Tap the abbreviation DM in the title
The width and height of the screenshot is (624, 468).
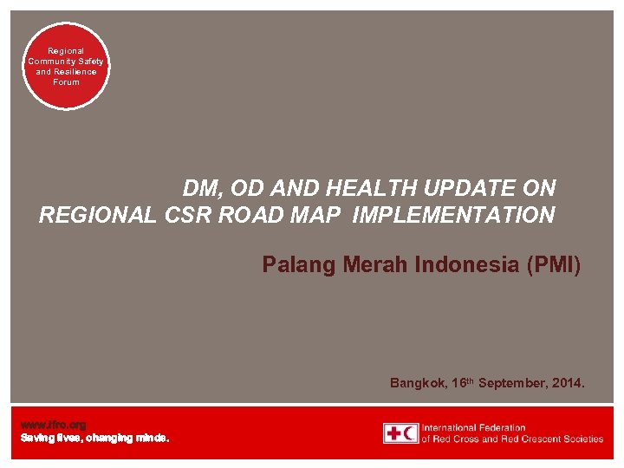pos(199,188)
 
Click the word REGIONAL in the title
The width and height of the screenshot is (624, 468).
pos(98,216)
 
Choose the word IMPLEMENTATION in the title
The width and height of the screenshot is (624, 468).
pos(453,216)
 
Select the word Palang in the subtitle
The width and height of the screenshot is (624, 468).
pos(296,264)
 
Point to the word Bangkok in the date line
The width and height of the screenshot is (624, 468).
pos(418,382)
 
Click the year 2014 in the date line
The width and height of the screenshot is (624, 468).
pos(571,382)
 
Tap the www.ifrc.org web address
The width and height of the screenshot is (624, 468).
pos(53,425)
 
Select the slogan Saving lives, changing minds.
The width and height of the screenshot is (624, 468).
pos(94,439)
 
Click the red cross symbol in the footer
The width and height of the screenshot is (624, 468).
pos(393,433)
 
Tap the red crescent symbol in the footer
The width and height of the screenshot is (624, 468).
pos(409,433)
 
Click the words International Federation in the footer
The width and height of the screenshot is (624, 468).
pos(474,427)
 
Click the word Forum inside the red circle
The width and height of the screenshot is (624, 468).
pos(66,82)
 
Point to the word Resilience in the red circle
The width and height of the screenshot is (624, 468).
pos(78,72)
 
